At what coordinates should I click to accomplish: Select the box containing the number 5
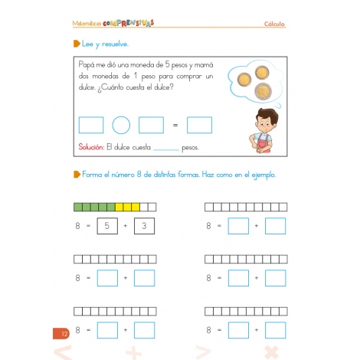[107, 226]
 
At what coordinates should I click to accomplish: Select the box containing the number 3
[144, 226]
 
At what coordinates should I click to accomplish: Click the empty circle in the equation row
[121, 125]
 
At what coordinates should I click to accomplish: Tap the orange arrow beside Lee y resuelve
[76, 44]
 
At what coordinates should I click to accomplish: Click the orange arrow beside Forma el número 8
[76, 175]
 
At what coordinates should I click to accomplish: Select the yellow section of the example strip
[128, 207]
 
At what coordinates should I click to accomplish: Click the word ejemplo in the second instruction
[260, 175]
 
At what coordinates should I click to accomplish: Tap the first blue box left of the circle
[91, 125]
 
